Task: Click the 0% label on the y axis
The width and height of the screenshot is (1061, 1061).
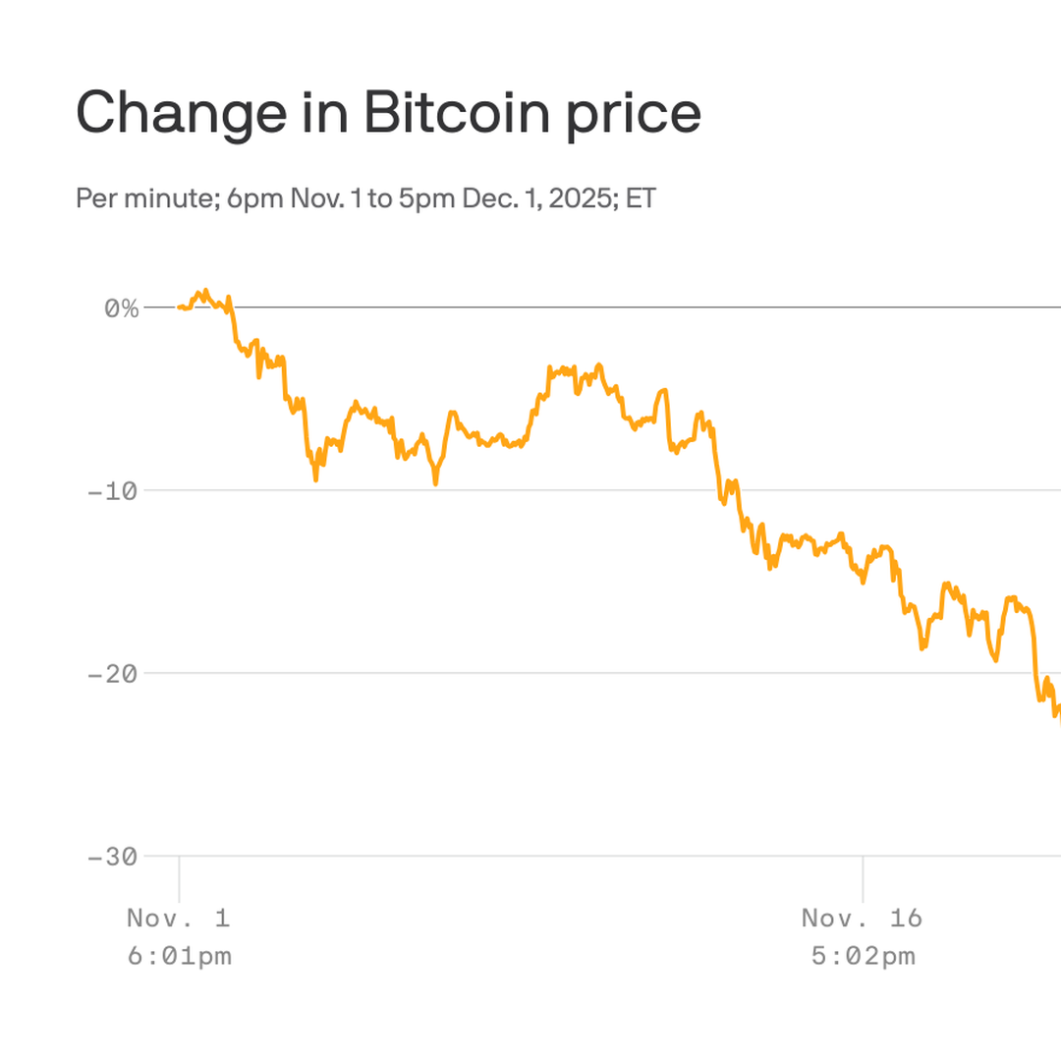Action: tap(122, 307)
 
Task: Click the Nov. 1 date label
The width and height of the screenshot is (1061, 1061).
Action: tap(179, 919)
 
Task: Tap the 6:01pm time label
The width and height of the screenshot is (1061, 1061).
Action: tap(179, 956)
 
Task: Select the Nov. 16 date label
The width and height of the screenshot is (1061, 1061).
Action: tap(863, 919)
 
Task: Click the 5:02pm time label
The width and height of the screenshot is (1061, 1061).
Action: tap(863, 956)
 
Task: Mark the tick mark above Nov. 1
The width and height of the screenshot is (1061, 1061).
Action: tap(179, 877)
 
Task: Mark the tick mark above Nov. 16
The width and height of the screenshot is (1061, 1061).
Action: tap(863, 877)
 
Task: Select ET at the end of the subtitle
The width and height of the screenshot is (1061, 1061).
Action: tap(641, 198)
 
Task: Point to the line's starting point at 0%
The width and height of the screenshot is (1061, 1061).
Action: tap(179, 307)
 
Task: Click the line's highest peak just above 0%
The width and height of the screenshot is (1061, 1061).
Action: tap(204, 291)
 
